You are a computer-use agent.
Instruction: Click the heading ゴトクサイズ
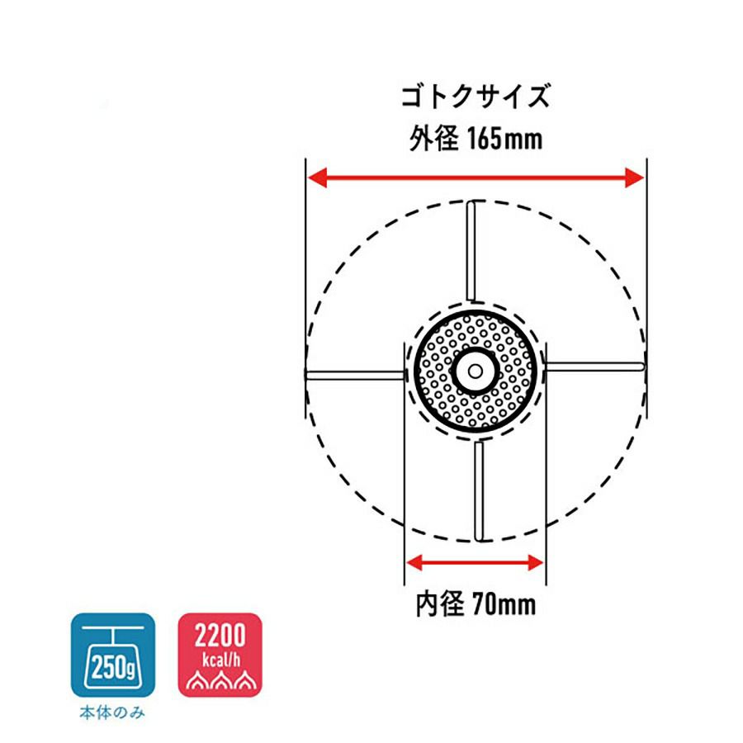(x=476, y=97)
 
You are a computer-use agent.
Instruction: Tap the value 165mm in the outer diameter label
(x=505, y=139)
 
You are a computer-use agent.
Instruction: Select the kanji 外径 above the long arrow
(x=434, y=139)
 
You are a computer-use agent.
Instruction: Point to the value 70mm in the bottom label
(x=504, y=604)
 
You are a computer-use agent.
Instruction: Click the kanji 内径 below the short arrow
(x=440, y=604)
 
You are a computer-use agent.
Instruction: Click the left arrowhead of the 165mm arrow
(x=318, y=177)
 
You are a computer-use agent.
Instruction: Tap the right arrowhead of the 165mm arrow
(x=635, y=177)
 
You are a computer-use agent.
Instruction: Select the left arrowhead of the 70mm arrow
(x=414, y=563)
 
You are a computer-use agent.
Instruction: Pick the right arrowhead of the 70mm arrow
(x=535, y=563)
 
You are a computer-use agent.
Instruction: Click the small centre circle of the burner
(x=476, y=371)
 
